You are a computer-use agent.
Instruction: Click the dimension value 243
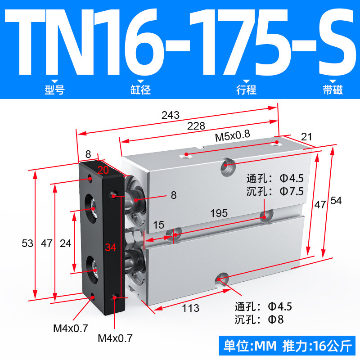click(x=171, y=115)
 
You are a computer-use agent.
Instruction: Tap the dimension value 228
click(x=196, y=126)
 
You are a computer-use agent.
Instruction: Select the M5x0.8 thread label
click(x=232, y=136)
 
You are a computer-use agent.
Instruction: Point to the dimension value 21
click(x=306, y=137)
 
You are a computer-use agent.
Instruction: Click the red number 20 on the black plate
click(x=103, y=170)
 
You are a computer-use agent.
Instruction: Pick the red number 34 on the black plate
click(x=111, y=247)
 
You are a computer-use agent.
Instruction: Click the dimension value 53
click(x=27, y=243)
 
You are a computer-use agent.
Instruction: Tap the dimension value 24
click(x=65, y=243)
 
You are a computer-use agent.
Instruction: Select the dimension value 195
click(x=219, y=213)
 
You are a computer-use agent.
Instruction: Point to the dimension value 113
click(x=190, y=308)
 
